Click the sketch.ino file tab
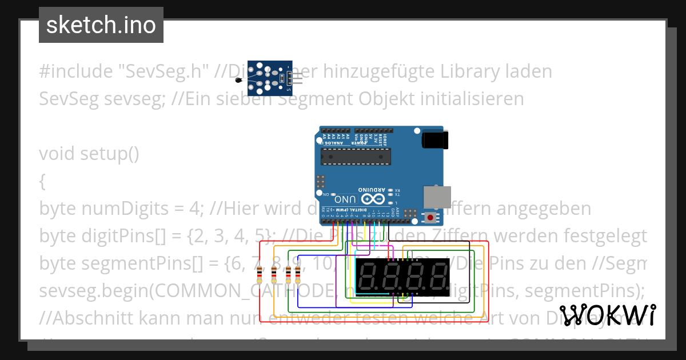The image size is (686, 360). click(x=101, y=25)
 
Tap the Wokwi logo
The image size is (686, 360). click(x=607, y=315)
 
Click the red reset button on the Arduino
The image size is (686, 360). click(x=429, y=217)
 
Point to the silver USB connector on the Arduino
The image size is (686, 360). click(x=433, y=197)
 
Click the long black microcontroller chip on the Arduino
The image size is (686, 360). click(x=355, y=155)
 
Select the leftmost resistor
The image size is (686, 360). click(x=260, y=275)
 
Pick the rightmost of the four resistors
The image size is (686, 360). click(x=297, y=275)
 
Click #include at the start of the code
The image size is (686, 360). click(x=76, y=71)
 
